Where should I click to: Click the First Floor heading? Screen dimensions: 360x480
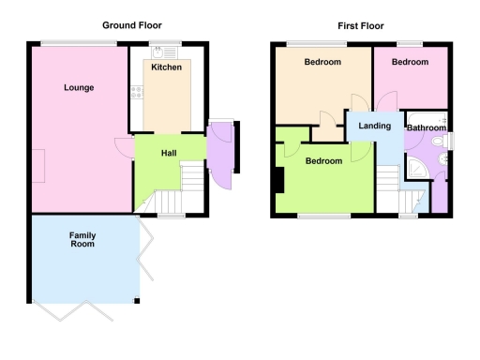tap(361, 25)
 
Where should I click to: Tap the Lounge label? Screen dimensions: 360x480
tap(79, 88)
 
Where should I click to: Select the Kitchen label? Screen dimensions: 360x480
tap(167, 67)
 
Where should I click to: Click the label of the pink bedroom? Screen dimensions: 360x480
tap(410, 62)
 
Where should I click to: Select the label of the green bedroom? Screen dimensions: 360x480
tap(323, 160)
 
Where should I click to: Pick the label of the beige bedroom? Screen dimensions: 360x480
tap(322, 62)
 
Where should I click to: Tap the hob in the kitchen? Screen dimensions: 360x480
tap(138, 93)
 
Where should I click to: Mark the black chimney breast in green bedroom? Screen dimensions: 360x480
tap(277, 179)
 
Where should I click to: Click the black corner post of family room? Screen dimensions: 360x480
tap(138, 300)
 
